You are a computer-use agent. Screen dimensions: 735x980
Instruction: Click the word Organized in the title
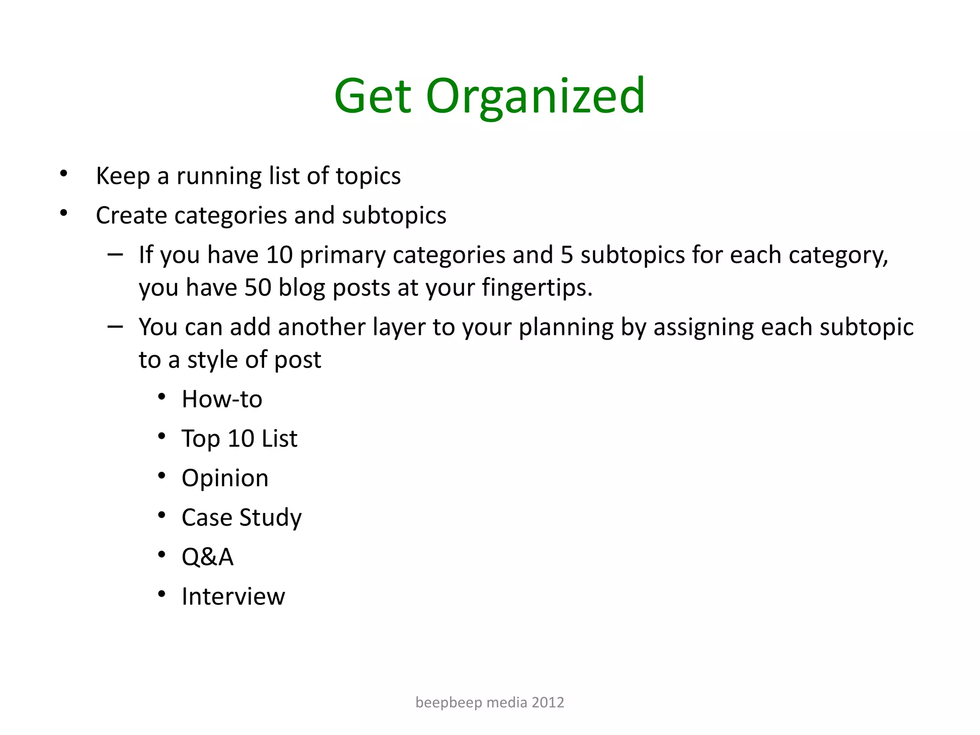(535, 97)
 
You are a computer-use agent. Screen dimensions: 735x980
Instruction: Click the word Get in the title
(373, 97)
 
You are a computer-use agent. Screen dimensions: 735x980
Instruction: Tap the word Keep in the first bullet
(123, 176)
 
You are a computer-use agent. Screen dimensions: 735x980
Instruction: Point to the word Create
(132, 215)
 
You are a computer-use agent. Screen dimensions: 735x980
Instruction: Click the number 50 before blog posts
(258, 288)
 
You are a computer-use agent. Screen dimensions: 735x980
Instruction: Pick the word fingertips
(537, 288)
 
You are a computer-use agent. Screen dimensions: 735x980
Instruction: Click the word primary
(342, 255)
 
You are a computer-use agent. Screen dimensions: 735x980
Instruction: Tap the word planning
(566, 328)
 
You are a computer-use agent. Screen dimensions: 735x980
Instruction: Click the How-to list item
(222, 399)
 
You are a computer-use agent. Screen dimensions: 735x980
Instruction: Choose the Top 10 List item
(239, 439)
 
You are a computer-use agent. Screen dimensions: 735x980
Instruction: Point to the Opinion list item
(225, 478)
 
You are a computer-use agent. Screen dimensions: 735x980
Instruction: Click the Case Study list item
(242, 518)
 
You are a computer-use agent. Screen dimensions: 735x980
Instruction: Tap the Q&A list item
(208, 557)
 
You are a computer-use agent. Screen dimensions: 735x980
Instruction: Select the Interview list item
(233, 597)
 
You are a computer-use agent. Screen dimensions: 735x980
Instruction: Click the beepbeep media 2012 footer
(490, 702)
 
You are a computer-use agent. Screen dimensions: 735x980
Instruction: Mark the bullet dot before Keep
(64, 173)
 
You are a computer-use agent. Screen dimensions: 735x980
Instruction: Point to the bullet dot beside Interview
(162, 594)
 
